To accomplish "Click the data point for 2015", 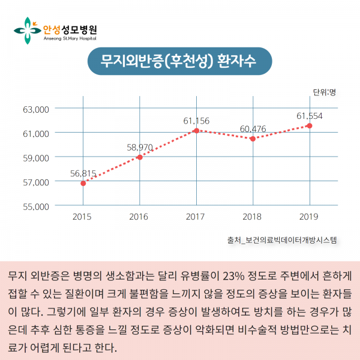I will pos(83,183).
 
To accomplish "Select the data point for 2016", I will pos(140,157).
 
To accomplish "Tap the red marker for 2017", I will pos(196,130).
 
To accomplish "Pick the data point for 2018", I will pos(253,139).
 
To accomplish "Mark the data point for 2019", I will pos(309,125).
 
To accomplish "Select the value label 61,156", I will pos(196,121).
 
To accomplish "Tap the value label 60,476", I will pos(253,128).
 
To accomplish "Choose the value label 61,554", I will pos(310,115).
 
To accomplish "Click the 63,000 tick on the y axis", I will pos(35,110).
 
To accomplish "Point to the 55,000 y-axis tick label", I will pos(35,206).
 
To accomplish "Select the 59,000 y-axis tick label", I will pos(35,158).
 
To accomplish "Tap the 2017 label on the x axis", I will pos(196,216).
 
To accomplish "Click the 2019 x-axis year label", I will pos(309,216).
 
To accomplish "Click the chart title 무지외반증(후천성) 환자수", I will pos(179,61).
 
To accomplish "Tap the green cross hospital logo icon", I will pos(27,30).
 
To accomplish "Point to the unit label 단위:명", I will pos(324,92).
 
